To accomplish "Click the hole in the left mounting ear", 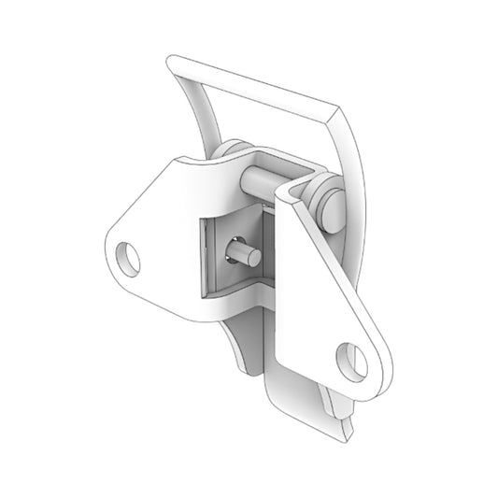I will [128, 257].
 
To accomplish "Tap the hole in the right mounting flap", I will [351, 360].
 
